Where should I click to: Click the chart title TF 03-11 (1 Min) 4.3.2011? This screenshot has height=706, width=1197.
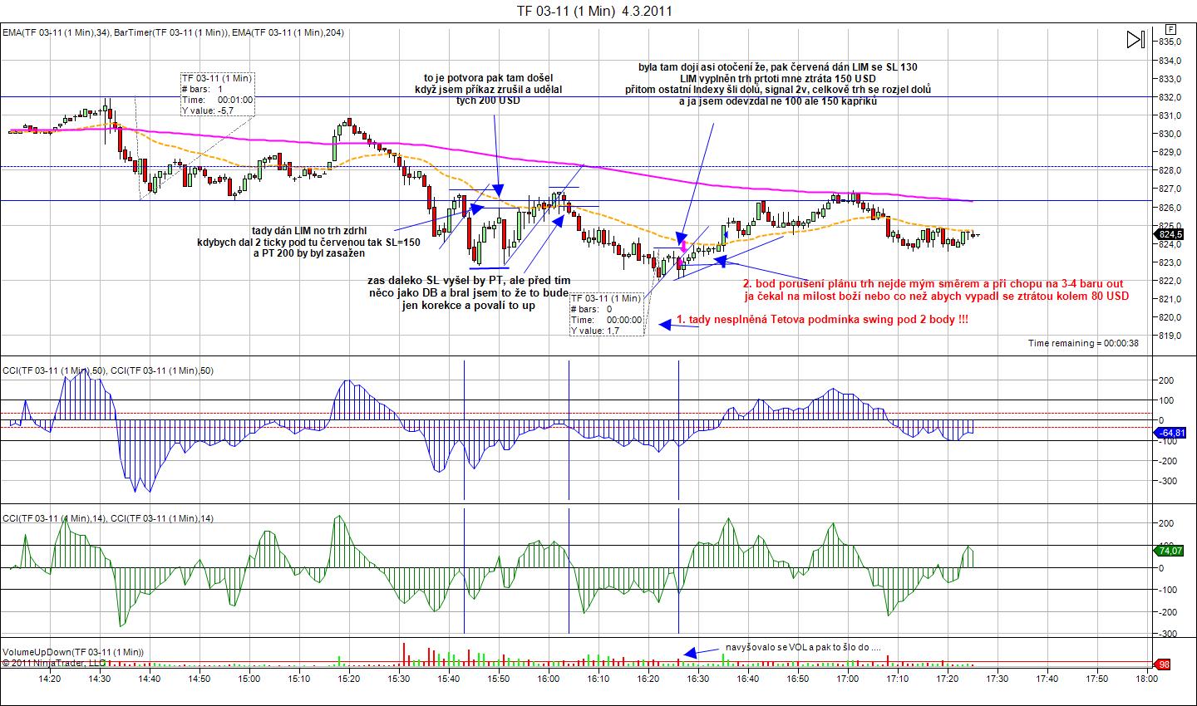pyautogui.click(x=594, y=11)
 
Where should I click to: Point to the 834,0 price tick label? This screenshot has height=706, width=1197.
pyautogui.click(x=1170, y=61)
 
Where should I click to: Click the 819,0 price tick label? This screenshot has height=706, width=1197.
pyautogui.click(x=1170, y=336)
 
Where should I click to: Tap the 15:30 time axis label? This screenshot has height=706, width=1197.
pyautogui.click(x=399, y=679)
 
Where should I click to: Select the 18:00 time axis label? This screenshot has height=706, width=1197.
pyautogui.click(x=1146, y=679)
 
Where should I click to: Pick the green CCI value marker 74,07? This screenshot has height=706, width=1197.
pyautogui.click(x=1171, y=550)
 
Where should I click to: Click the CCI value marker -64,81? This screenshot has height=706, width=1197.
pyautogui.click(x=1171, y=433)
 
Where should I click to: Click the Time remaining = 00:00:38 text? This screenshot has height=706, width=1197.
pyautogui.click(x=1083, y=343)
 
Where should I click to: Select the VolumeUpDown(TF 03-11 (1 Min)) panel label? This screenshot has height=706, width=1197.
pyautogui.click(x=73, y=652)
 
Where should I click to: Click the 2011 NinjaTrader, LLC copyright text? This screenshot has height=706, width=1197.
pyautogui.click(x=54, y=663)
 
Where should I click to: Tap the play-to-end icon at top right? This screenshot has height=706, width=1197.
pyautogui.click(x=1135, y=39)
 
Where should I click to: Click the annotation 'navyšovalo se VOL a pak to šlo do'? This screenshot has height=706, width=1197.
pyautogui.click(x=802, y=646)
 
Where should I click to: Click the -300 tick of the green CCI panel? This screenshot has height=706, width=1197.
pyautogui.click(x=1170, y=633)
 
